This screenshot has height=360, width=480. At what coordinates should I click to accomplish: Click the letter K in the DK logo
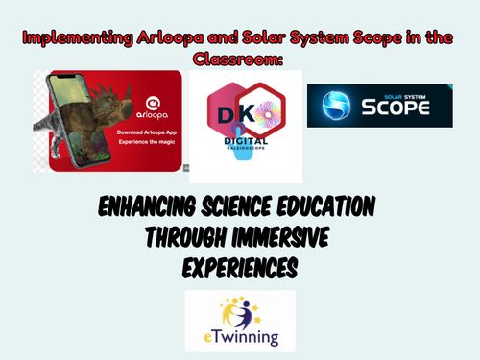(249, 113)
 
